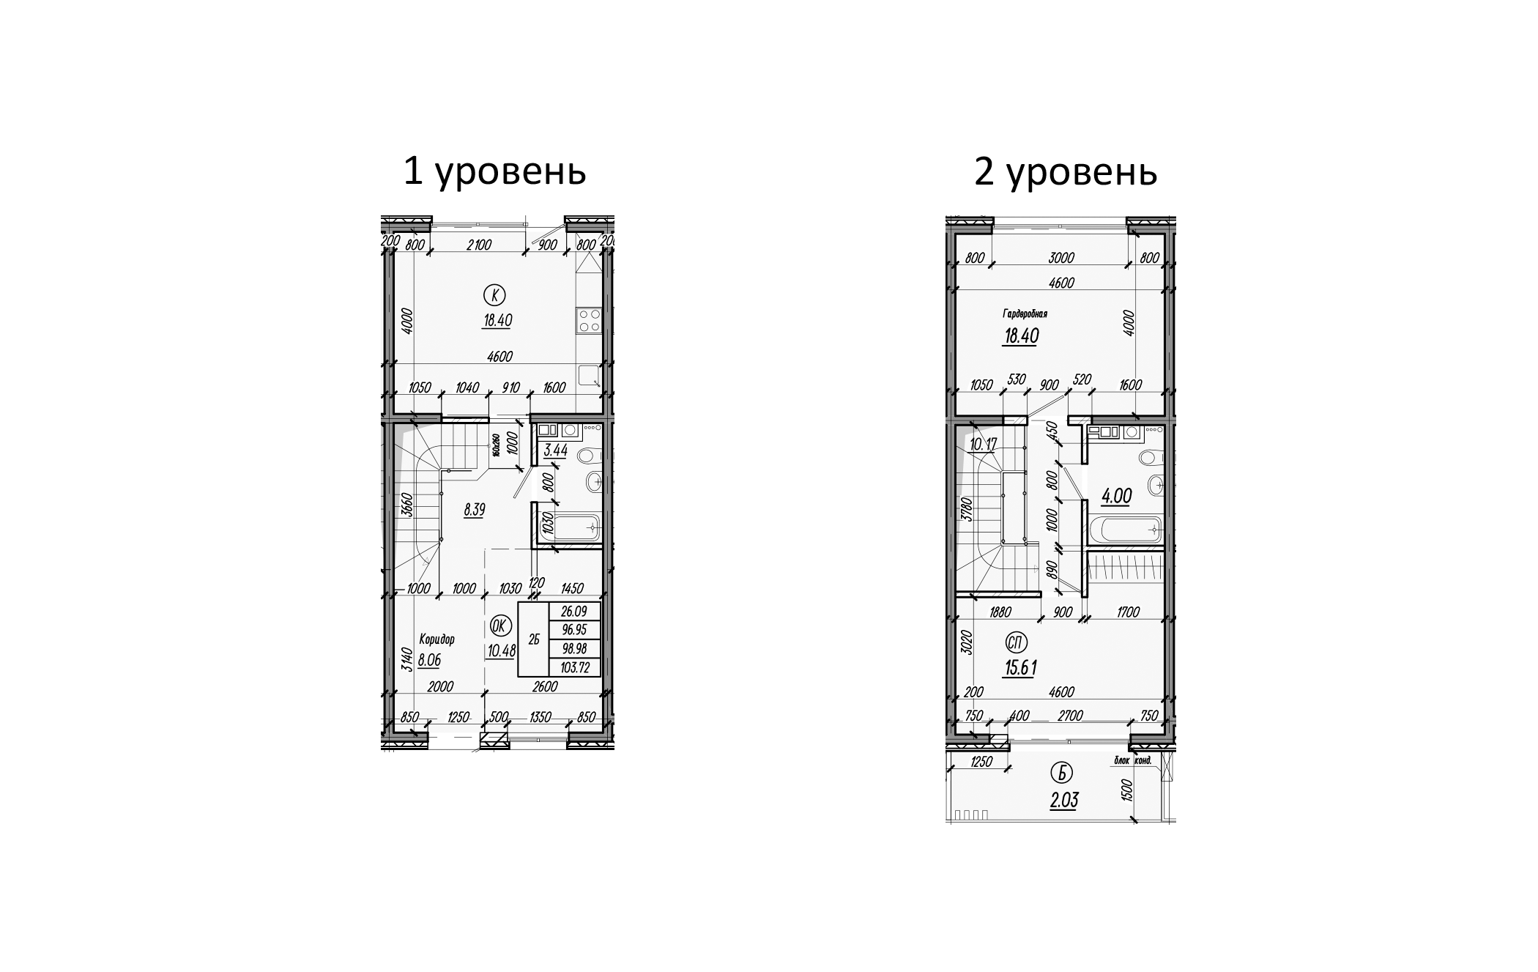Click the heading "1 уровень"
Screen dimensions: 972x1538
point(494,172)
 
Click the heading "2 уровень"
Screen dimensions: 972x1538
point(1065,172)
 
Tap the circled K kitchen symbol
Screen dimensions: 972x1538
point(495,295)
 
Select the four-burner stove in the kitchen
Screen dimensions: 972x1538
point(590,320)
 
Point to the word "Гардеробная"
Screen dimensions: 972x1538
point(1025,314)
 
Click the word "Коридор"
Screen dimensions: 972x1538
point(436,639)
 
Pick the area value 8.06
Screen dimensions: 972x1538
point(429,660)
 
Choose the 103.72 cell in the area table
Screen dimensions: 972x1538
point(574,667)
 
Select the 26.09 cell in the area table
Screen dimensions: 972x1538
point(574,611)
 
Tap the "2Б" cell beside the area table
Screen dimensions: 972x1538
point(533,639)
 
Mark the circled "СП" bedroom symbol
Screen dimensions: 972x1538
point(1017,643)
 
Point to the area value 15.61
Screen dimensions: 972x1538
point(1019,668)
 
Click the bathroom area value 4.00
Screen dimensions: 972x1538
point(1116,497)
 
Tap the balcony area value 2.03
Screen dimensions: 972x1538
point(1064,801)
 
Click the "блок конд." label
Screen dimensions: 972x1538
point(1133,761)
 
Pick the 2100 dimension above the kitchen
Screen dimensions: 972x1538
point(478,245)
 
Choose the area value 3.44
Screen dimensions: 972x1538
point(556,450)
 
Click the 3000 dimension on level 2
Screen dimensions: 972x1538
point(1060,258)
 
